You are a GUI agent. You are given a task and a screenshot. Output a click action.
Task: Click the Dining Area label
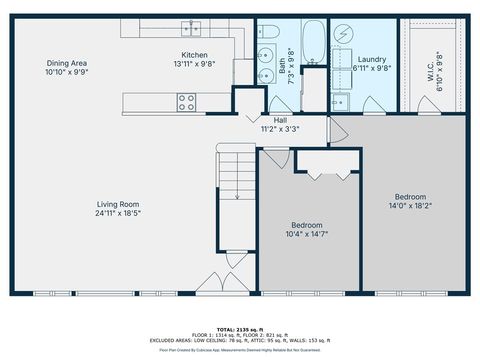[67, 62]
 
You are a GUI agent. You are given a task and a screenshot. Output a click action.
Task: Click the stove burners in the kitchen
[187, 101]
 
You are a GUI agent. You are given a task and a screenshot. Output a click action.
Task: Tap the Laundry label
[372, 59]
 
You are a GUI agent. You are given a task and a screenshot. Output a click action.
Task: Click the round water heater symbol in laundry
[341, 34]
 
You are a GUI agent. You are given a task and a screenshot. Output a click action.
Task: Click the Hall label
[281, 119]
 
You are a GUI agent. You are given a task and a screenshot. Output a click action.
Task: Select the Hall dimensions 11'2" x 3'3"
[281, 128]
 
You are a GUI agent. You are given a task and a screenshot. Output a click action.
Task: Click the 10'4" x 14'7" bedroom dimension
[307, 235]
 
